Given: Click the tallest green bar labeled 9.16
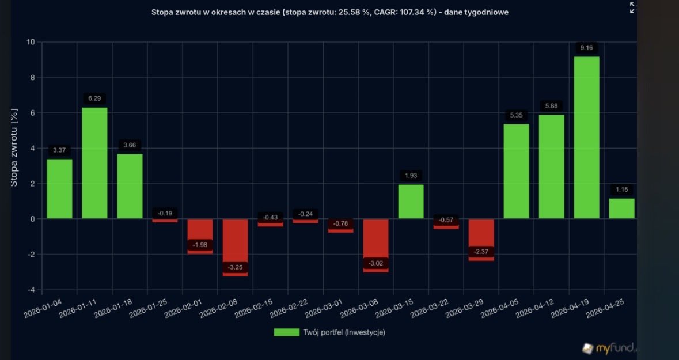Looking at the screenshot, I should tap(586, 138).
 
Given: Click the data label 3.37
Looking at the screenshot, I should tap(59, 150).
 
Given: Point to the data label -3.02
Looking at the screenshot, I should tap(375, 264).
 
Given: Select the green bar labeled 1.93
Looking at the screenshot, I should tap(411, 202).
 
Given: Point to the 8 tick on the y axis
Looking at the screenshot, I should tap(31, 78).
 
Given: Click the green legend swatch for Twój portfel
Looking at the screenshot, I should tap(286, 332).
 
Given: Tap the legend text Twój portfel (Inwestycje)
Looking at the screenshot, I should tap(344, 332).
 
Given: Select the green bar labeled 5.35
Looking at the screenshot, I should tap(516, 171).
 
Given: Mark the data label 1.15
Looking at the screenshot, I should tap(621, 190).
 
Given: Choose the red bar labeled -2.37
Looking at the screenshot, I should tap(481, 237).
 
